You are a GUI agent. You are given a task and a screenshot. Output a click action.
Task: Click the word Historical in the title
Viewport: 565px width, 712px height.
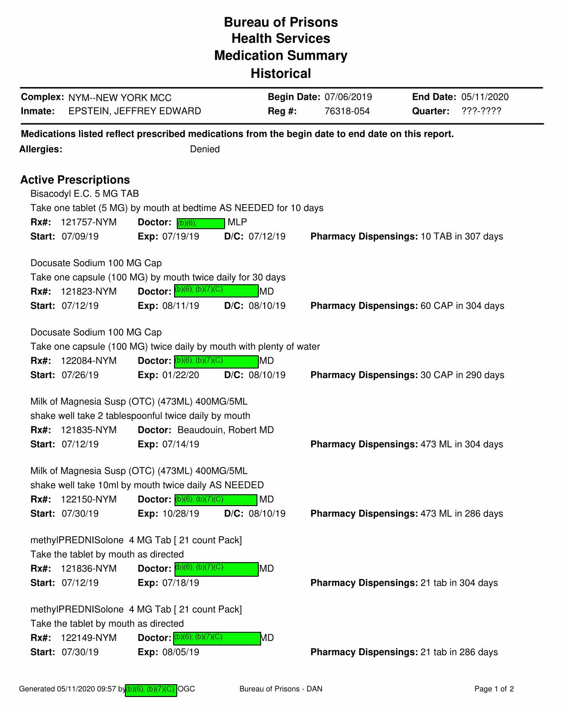point(281,73)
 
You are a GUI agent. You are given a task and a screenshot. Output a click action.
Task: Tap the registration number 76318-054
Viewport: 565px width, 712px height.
point(347,111)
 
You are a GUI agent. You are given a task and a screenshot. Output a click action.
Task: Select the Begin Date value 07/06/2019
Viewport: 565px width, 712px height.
point(348,97)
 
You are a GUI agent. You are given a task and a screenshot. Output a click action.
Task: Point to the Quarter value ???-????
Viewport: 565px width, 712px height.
point(481,111)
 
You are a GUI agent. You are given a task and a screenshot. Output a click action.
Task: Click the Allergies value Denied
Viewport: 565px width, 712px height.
point(205,149)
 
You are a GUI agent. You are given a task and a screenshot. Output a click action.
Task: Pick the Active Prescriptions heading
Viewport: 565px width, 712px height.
point(75,180)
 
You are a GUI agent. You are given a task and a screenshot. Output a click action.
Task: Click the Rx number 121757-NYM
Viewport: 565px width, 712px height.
point(88,222)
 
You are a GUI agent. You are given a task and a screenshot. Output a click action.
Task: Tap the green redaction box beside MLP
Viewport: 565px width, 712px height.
point(200,223)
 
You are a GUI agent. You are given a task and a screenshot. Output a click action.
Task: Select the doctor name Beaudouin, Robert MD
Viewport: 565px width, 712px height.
point(226,430)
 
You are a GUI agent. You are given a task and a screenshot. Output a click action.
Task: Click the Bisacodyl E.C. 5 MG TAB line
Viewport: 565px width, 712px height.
point(85,194)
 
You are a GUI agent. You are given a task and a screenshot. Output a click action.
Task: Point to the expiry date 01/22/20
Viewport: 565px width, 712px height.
point(180,375)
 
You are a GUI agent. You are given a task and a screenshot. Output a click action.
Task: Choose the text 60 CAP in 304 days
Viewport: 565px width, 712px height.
point(462,306)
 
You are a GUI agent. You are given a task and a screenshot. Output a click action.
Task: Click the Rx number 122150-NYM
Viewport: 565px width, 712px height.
point(88,499)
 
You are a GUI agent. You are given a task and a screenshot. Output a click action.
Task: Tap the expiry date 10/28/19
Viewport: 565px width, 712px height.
point(180,513)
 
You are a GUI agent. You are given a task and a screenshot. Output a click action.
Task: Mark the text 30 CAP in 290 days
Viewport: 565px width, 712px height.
point(462,375)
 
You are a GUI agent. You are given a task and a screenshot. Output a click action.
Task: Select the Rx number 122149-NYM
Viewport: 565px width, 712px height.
point(88,638)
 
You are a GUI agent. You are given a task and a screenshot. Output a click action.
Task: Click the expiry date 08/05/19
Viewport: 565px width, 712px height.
point(180,652)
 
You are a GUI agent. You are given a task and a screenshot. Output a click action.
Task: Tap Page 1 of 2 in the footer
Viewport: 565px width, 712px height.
point(494,689)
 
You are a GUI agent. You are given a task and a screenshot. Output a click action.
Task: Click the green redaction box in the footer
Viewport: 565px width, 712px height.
point(151,690)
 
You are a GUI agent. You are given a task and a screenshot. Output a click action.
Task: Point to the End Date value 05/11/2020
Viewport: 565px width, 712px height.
point(485,97)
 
